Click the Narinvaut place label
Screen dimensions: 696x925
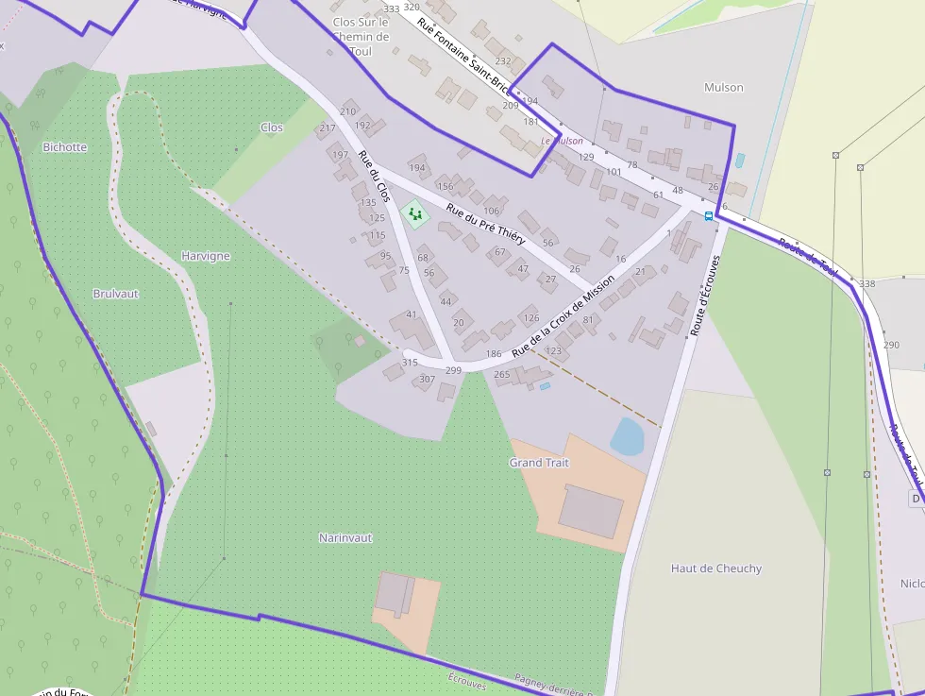point(345,537)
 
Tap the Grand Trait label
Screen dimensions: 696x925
point(539,463)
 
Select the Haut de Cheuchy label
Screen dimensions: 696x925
point(716,569)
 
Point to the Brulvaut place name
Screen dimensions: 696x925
point(116,294)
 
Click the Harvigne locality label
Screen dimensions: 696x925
point(206,256)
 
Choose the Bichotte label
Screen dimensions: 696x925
point(65,147)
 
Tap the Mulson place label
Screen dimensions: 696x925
point(724,88)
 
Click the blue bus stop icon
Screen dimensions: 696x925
point(709,215)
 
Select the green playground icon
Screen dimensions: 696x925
point(414,214)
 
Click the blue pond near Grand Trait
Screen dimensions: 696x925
point(628,436)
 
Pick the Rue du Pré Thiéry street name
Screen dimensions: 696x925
point(485,225)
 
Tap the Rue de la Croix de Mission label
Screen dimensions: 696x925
point(563,315)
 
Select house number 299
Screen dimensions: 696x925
point(453,371)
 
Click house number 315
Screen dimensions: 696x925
point(410,363)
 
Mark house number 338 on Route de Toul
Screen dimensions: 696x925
point(866,284)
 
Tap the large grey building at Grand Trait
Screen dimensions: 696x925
point(591,511)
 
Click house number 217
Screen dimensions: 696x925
point(328,128)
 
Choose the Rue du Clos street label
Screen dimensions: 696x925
point(374,177)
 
